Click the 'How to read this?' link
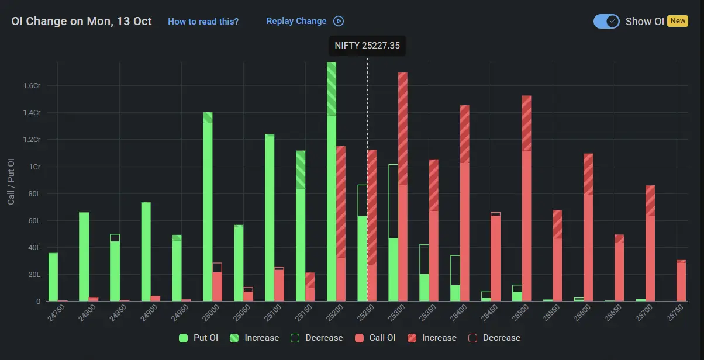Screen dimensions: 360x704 click(x=203, y=22)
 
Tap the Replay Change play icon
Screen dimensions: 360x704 click(x=339, y=21)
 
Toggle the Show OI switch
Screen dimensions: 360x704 click(x=606, y=21)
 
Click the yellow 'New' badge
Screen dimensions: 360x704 click(x=678, y=21)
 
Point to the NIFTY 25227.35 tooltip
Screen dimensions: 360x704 click(x=367, y=46)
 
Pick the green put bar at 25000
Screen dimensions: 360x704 click(x=208, y=210)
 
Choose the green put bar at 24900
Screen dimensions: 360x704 click(x=146, y=251)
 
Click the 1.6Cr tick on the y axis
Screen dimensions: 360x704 click(x=32, y=86)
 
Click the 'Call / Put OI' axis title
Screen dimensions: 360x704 click(x=11, y=181)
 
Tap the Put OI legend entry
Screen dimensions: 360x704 click(x=198, y=338)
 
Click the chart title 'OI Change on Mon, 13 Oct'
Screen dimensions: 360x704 click(x=81, y=22)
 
